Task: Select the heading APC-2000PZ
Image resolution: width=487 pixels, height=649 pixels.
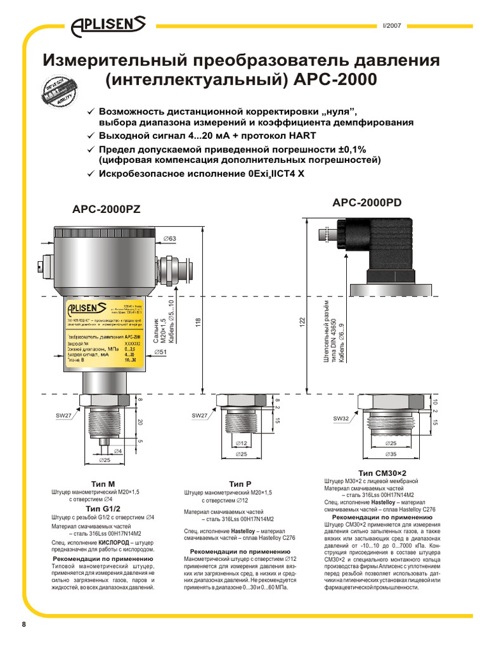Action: (x=107, y=209)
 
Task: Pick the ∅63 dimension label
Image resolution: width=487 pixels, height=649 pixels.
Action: (x=170, y=238)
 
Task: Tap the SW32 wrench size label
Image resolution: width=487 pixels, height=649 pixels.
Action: (x=341, y=418)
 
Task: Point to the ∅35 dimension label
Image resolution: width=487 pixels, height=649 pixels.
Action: (x=393, y=454)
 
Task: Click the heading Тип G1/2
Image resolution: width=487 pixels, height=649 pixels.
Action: (x=103, y=508)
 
